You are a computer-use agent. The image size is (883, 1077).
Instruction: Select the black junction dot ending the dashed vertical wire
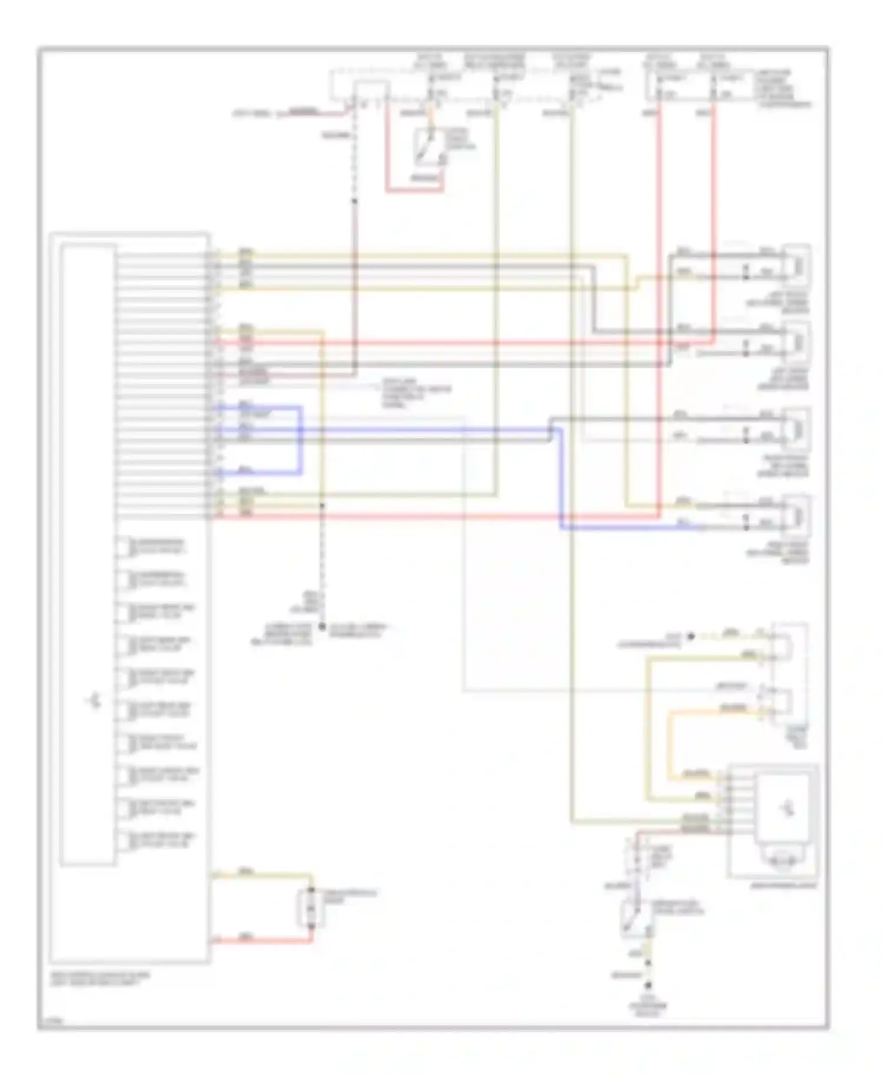tap(322, 627)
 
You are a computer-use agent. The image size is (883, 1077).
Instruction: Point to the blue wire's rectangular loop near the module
tap(300, 439)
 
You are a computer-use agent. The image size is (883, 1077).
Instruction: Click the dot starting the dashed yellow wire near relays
tap(691, 636)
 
